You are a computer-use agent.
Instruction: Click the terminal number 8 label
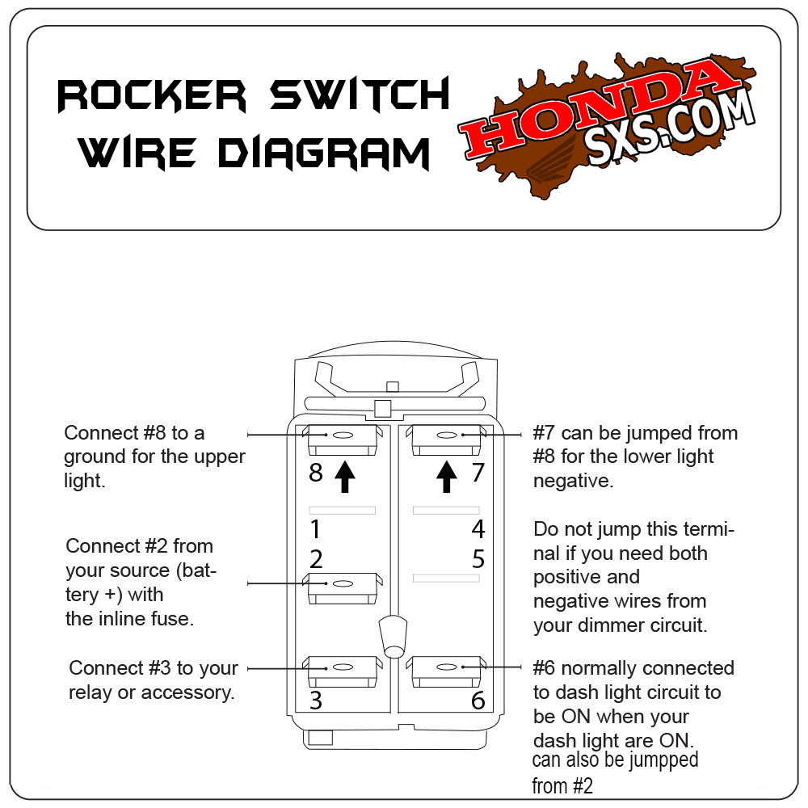pos(316,473)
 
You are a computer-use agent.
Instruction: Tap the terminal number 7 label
pos(478,472)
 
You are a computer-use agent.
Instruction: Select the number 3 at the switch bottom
pos(316,701)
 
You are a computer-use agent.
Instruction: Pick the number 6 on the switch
pos(478,701)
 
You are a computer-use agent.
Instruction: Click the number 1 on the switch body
pos(316,530)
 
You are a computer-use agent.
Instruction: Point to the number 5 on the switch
pos(478,558)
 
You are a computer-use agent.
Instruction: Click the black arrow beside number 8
pos(344,476)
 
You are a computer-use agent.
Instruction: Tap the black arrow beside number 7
pos(446,476)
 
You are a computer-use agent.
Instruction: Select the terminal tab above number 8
pos(342,437)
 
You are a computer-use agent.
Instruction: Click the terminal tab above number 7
pos(446,437)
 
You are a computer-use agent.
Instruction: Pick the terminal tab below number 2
pos(342,587)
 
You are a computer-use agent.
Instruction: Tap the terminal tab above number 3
pos(342,670)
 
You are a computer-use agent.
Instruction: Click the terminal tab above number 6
pos(446,670)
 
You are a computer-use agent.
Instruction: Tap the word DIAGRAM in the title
pos(324,153)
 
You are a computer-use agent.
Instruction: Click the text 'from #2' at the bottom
pos(562,785)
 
